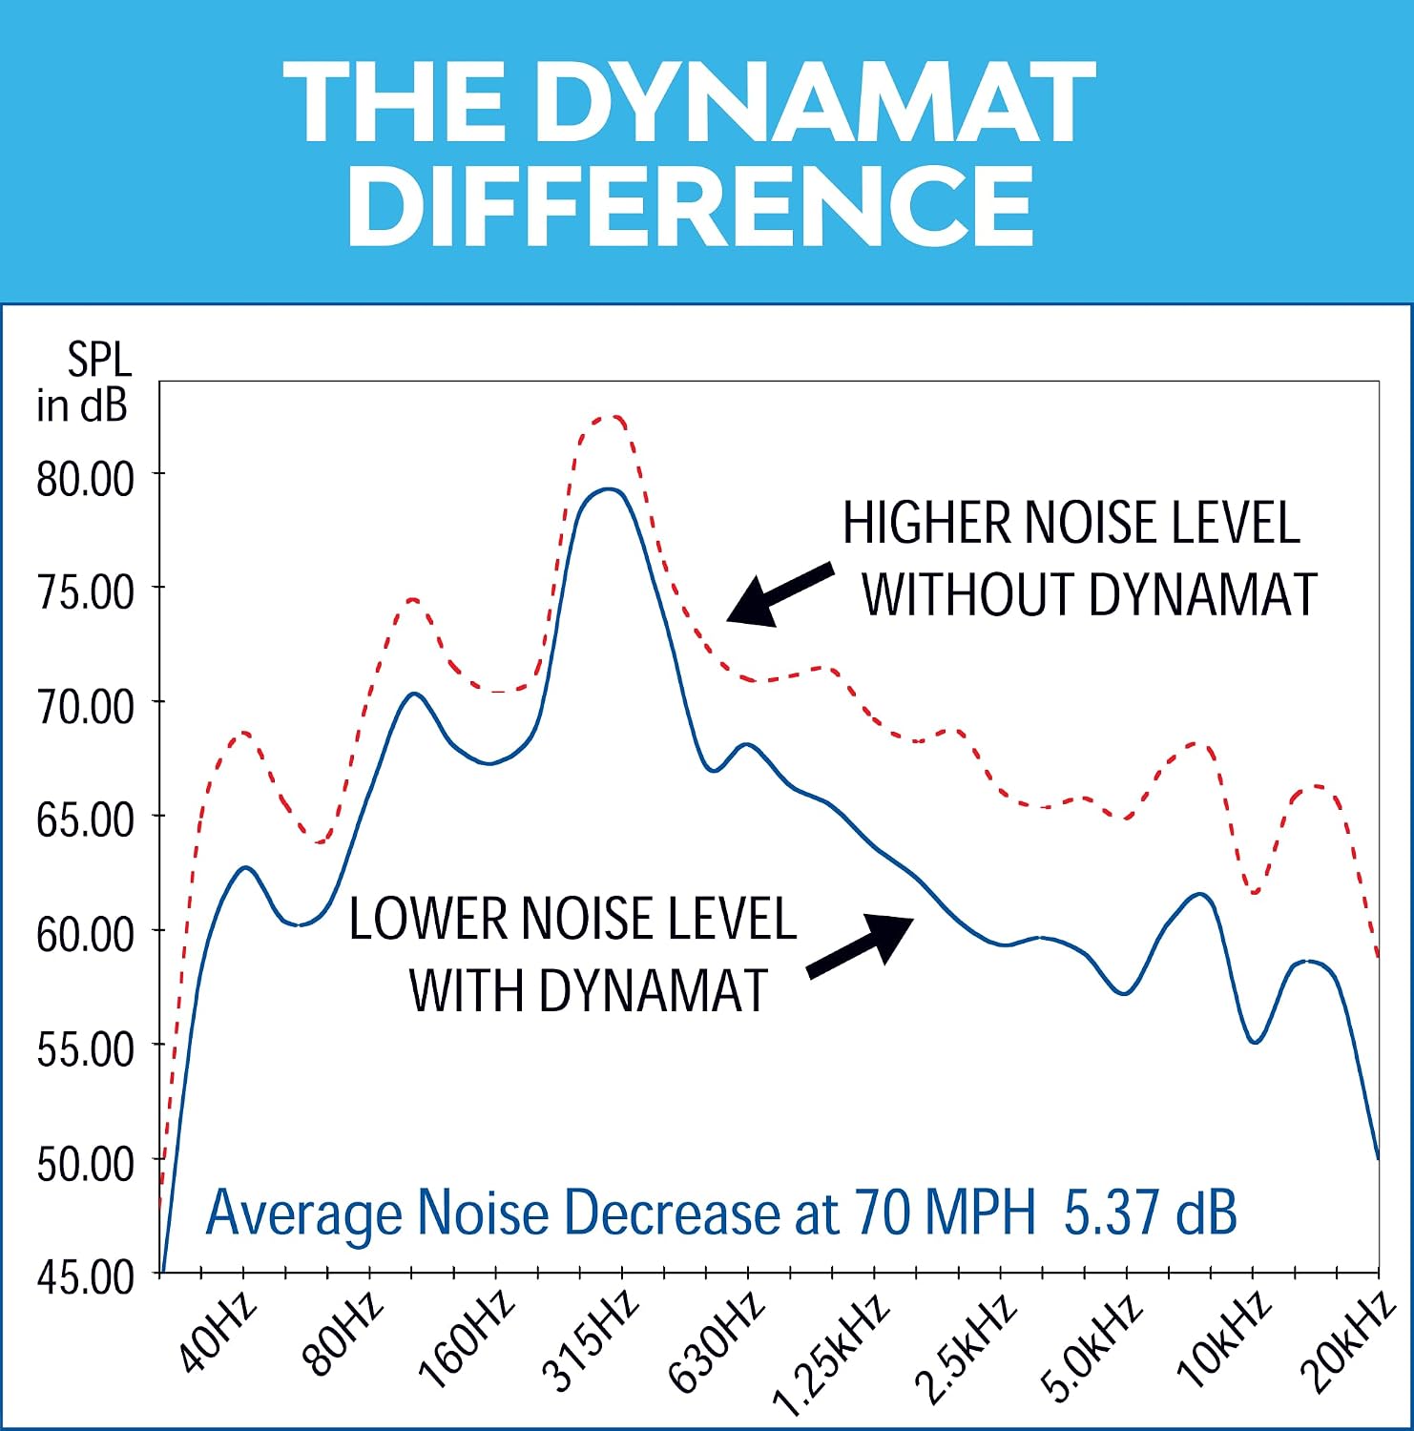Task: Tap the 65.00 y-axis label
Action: tap(85, 819)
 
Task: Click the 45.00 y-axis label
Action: tap(85, 1276)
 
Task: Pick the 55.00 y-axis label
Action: tap(85, 1048)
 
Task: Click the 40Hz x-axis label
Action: tap(218, 1331)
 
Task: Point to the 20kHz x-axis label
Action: tap(1347, 1340)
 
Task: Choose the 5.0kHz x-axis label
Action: tap(1092, 1346)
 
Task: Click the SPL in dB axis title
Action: tap(83, 383)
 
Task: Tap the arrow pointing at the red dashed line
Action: tap(780, 595)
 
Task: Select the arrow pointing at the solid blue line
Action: tap(861, 944)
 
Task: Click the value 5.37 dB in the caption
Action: tap(1150, 1213)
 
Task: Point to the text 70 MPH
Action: tap(945, 1213)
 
